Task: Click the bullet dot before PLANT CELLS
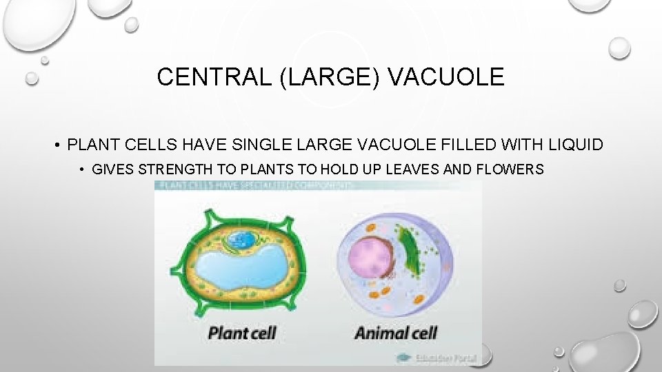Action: click(59, 145)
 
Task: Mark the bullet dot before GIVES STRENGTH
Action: click(82, 169)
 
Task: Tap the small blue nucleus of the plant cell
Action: click(241, 240)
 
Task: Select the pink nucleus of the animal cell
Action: click(370, 258)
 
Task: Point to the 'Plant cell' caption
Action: click(242, 333)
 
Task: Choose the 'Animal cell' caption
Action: click(396, 333)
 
